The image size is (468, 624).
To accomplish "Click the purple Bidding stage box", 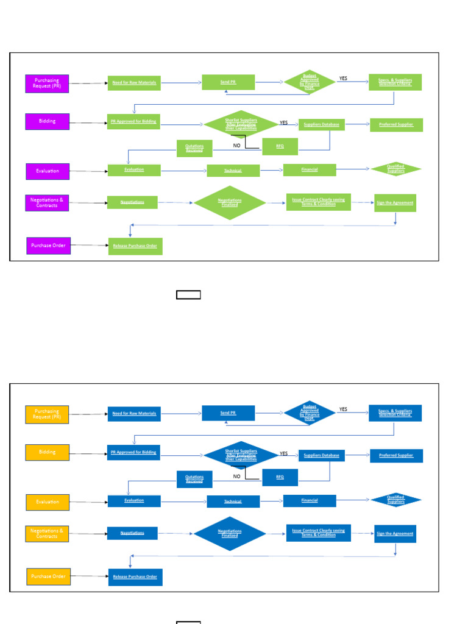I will (x=47, y=121).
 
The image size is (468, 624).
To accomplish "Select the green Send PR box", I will (x=229, y=82).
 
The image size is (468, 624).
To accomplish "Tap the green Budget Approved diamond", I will (x=310, y=83).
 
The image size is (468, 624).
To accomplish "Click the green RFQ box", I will (x=280, y=147).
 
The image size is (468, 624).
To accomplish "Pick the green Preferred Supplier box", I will (x=396, y=125).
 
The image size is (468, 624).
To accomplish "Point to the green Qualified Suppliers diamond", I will (x=396, y=169).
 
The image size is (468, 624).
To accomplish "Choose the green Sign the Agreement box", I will (x=395, y=203).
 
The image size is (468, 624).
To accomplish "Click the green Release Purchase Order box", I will (x=135, y=246).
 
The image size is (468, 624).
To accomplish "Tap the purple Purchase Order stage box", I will (x=48, y=246).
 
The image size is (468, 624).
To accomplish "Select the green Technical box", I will (x=233, y=171).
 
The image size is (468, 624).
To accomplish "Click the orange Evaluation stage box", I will (x=48, y=502).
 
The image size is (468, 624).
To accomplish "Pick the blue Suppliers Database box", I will (x=321, y=455).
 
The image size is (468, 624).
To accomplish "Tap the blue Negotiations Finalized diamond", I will (x=230, y=533).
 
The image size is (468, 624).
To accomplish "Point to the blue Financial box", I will (x=310, y=501).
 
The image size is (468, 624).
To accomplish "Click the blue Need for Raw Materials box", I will (x=134, y=414).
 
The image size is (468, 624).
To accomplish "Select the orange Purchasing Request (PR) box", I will (x=47, y=414).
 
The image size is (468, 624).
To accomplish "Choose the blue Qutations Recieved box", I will (x=194, y=480).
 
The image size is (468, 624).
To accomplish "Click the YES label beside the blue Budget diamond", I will (x=343, y=409).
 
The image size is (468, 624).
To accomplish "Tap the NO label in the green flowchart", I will (x=236, y=146).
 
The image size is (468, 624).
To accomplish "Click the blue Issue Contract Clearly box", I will (x=318, y=533).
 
